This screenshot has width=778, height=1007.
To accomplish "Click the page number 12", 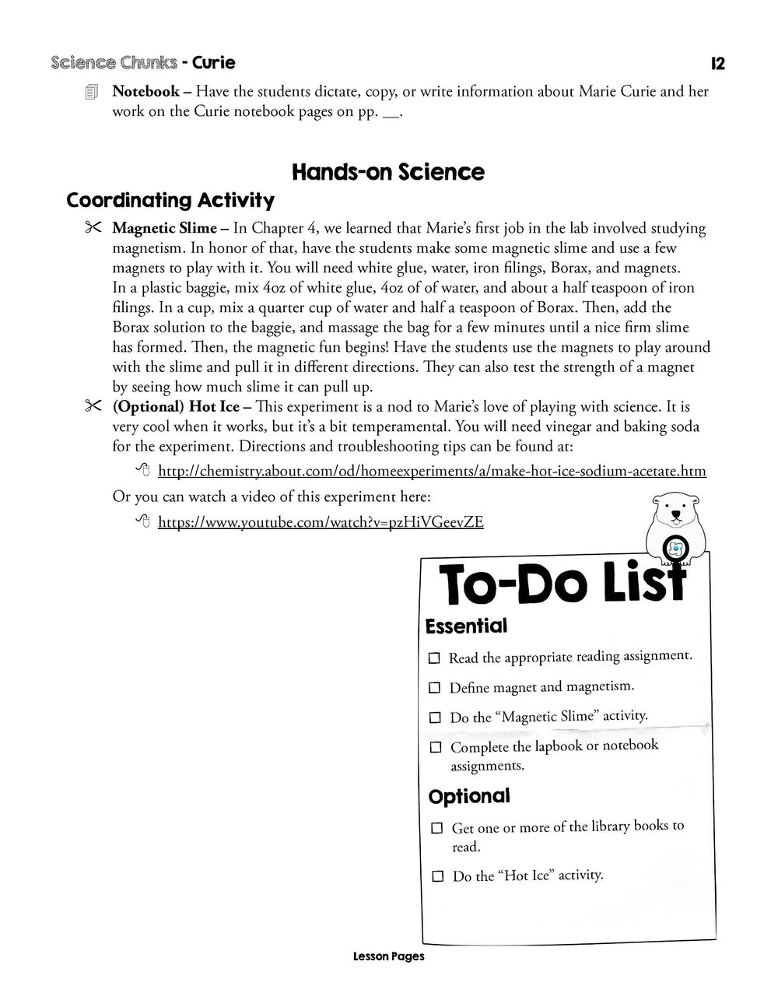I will point(717,64).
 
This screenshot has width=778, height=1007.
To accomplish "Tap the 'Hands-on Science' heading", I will point(388,172).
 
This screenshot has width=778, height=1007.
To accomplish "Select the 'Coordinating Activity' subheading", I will point(170,201).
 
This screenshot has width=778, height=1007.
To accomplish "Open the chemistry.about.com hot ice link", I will point(432,471).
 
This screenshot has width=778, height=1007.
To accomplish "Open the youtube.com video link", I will point(321,522).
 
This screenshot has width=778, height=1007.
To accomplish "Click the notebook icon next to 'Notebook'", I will point(92,92).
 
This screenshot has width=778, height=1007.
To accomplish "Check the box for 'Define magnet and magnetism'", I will point(434,688).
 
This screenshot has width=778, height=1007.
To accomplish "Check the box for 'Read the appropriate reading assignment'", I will point(434,658).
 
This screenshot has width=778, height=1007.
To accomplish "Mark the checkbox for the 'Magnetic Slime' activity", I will point(435,718).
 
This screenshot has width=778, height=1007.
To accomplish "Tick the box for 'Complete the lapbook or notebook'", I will point(436,747).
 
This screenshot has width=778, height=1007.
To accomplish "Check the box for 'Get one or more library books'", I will point(437,828).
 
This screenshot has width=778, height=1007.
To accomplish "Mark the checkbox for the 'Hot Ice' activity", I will point(438,876).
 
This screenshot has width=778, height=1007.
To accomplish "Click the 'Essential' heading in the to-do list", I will point(466,626).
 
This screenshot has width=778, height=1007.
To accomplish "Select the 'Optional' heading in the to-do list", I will point(469,796).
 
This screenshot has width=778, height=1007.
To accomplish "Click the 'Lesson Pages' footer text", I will point(388,956).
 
